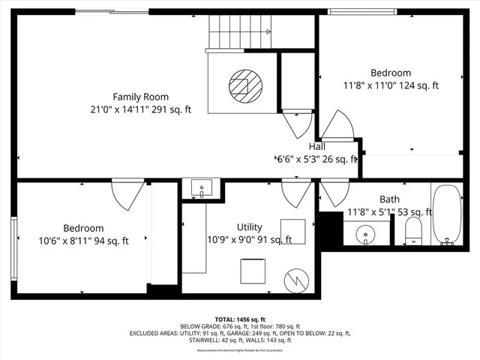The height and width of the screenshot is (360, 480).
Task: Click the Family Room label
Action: tap(140, 97)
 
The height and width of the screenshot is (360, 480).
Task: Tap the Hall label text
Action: tap(316, 147)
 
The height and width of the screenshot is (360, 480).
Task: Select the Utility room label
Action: tap(249, 226)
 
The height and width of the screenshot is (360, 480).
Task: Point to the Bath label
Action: tap(389, 199)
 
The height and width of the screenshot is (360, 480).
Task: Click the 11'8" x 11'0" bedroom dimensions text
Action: tap(390, 85)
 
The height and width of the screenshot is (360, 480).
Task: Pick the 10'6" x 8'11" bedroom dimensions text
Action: tap(84, 241)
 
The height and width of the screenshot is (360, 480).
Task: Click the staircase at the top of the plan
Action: tap(238, 32)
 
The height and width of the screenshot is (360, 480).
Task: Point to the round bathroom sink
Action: tap(366, 234)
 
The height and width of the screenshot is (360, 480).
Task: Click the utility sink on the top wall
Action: tap(201, 187)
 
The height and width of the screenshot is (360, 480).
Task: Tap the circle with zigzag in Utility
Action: tap(298, 280)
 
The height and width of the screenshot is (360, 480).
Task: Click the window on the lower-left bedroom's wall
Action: tap(13, 241)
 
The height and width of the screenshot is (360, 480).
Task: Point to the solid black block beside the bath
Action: tap(330, 228)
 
